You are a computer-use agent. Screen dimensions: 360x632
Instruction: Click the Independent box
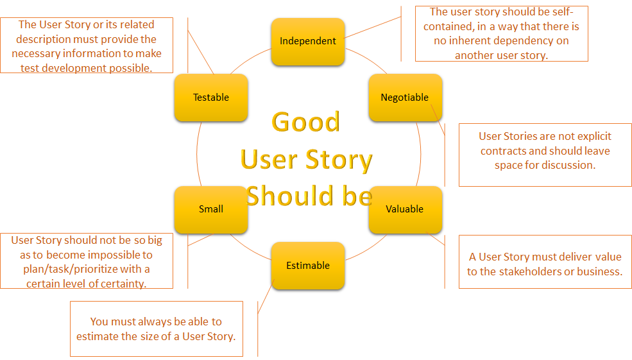pos(308,41)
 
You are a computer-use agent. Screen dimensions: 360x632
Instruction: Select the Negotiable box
pos(405,98)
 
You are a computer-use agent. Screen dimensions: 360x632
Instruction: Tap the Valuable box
pos(405,209)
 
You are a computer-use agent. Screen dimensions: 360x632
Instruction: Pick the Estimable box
pos(308,266)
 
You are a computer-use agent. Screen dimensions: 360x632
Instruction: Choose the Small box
pos(210,209)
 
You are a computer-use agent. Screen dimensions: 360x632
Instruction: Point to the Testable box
pos(210,98)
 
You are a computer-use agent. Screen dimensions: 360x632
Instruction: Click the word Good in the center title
pos(306,122)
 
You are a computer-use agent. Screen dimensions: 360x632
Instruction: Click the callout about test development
pos(87,46)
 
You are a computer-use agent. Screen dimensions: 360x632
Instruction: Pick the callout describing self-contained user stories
pos(501,33)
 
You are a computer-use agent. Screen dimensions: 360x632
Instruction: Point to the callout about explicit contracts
pos(545,151)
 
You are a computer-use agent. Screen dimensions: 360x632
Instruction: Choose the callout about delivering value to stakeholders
pos(545,264)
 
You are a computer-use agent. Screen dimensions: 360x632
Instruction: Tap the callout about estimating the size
pos(157,329)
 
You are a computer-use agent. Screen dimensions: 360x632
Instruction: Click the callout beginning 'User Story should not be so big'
pos(87,261)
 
